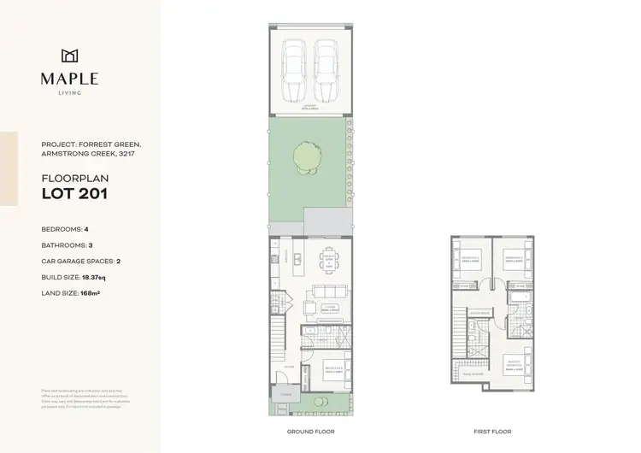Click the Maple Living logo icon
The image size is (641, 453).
[x=69, y=56]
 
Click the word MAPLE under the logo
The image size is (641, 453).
[x=69, y=79]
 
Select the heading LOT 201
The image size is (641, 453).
[x=74, y=193]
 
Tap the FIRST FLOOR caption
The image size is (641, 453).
[x=492, y=432]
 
